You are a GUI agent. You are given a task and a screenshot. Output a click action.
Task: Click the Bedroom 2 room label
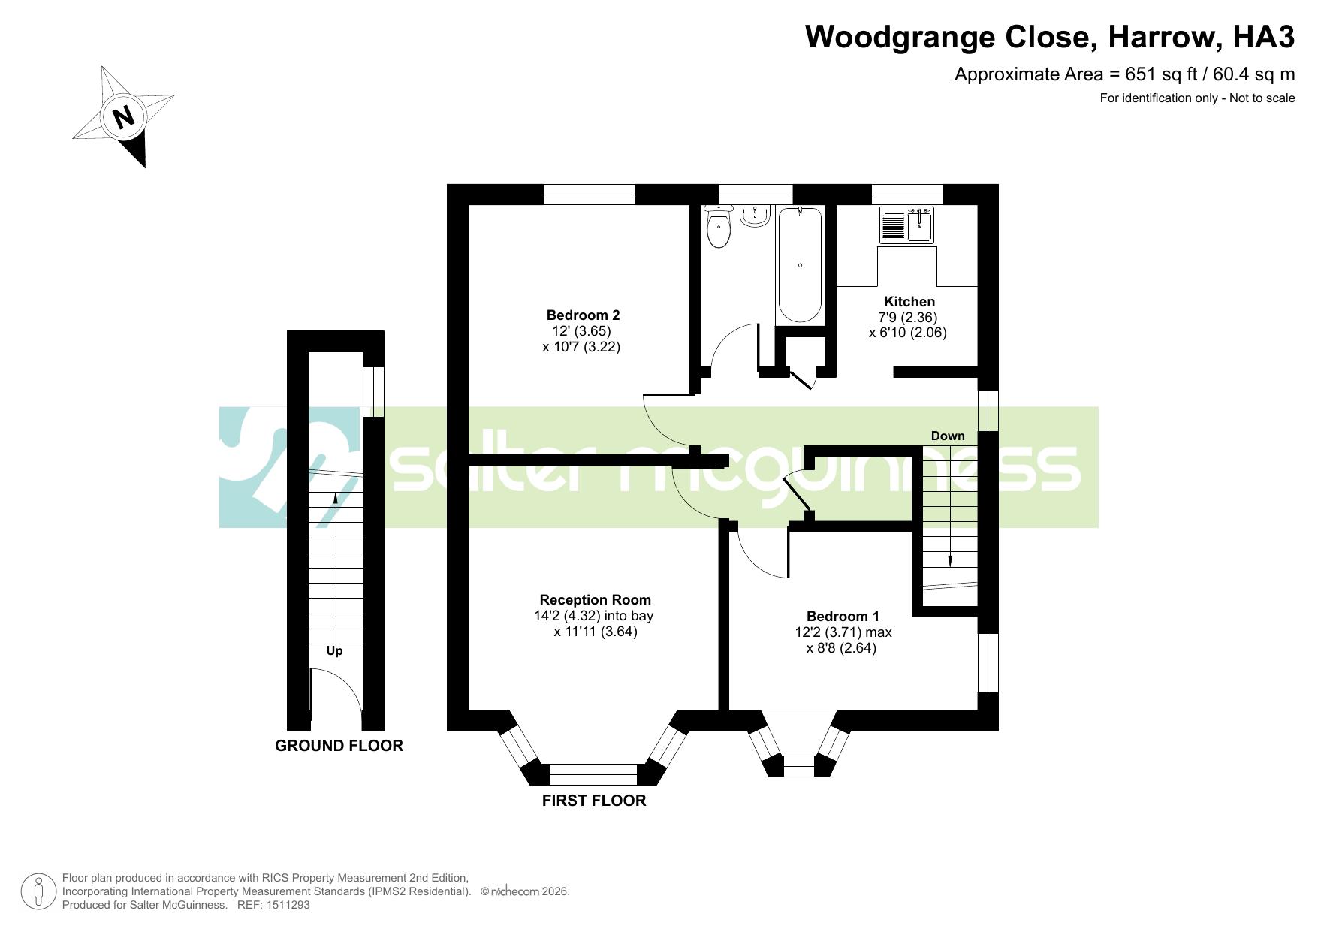[x=583, y=315]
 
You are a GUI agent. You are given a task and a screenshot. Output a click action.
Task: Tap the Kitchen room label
[x=909, y=302]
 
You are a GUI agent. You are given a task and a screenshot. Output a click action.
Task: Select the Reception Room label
[x=595, y=600]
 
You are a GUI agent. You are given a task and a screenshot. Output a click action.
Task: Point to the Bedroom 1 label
[x=843, y=617]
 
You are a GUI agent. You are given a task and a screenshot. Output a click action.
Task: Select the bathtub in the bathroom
[x=800, y=265]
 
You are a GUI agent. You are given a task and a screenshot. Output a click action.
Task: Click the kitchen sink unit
[x=907, y=225]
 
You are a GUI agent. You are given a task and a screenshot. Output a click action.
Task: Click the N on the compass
[x=122, y=117]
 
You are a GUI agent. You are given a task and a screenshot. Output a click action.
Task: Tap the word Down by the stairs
[x=948, y=436]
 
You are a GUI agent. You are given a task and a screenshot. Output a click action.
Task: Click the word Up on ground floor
[x=334, y=651]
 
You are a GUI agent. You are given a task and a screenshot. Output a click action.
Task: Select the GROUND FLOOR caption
[x=339, y=746]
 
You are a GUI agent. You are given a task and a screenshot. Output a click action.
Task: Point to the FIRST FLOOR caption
[x=594, y=801]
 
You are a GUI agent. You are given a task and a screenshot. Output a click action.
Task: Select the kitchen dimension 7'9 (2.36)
[x=910, y=318]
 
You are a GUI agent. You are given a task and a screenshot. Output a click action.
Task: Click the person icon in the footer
[x=38, y=891]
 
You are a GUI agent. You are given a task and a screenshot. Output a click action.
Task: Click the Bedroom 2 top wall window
[x=590, y=195]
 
